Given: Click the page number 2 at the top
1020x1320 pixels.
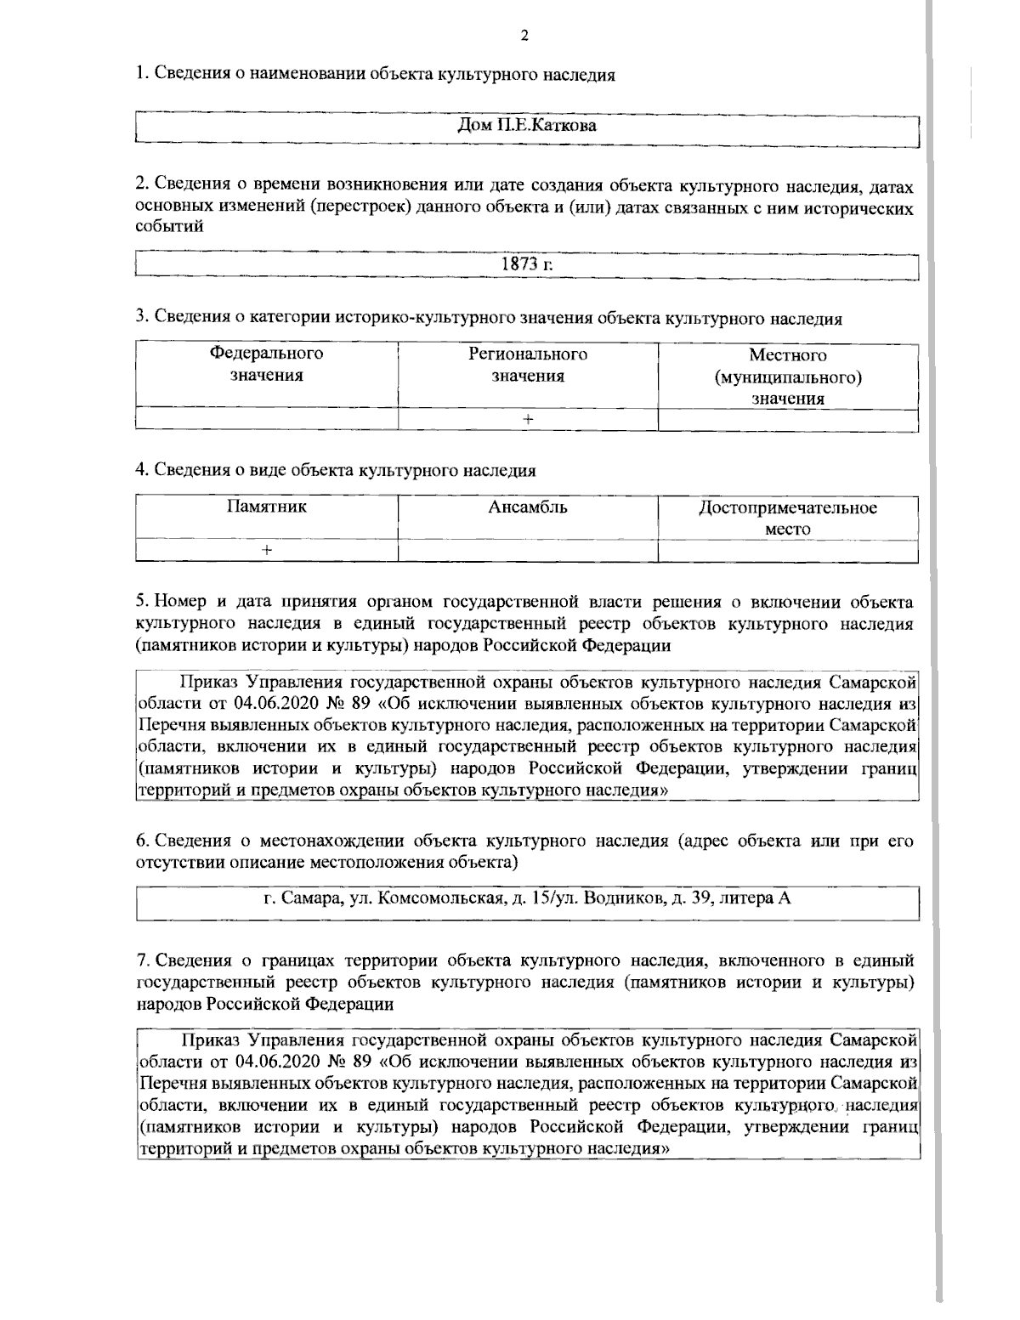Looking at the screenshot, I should [524, 36].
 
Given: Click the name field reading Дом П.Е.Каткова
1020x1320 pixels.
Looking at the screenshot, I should [527, 127].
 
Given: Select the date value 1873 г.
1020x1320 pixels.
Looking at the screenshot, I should [527, 264].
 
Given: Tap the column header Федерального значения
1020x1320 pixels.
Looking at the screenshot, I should [267, 365].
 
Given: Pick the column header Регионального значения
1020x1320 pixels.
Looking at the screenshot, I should [528, 365].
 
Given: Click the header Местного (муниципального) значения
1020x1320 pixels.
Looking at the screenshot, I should [788, 376].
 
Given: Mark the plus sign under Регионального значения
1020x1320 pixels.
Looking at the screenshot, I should [528, 419].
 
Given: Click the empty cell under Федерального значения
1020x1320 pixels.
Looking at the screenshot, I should [267, 419].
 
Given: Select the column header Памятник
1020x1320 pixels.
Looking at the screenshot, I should [267, 507].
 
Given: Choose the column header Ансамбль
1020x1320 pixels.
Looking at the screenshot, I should [528, 507].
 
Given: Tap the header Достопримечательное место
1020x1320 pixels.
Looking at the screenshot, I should [788, 518].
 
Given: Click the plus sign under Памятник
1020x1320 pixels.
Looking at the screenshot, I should [267, 551].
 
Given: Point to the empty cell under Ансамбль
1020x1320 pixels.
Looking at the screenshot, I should [528, 551].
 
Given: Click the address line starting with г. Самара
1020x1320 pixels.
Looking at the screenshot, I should [527, 898].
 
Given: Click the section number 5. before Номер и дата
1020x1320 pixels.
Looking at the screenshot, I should [143, 603].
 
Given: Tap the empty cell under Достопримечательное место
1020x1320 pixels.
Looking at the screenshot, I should [788, 551].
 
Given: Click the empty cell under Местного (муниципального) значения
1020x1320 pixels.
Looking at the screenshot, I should [788, 419].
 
